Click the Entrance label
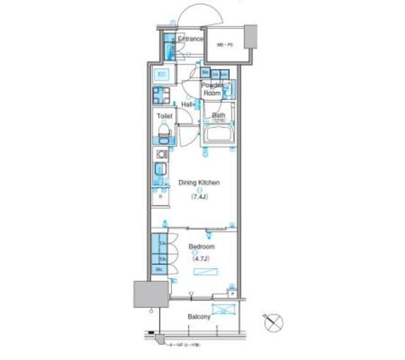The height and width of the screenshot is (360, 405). pyautogui.click(x=190, y=39)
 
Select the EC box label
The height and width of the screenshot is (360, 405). pyautogui.click(x=161, y=75)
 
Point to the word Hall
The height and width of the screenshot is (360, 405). pyautogui.click(x=187, y=104)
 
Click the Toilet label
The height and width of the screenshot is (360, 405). pyautogui.click(x=165, y=116)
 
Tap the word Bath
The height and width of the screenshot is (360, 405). pyautogui.click(x=219, y=115)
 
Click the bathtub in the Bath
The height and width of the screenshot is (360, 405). pyautogui.click(x=219, y=135)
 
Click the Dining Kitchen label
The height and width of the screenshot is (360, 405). pyautogui.click(x=199, y=183)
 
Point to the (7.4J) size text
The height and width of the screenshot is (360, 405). pyautogui.click(x=199, y=197)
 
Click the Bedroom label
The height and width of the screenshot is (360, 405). pyautogui.click(x=202, y=246)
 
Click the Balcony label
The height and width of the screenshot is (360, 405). pyautogui.click(x=199, y=316)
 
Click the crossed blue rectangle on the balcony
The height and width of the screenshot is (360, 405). pyautogui.click(x=223, y=309)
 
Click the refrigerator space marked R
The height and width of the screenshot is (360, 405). pyautogui.click(x=161, y=197)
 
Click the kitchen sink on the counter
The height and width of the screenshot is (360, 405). pyautogui.click(x=161, y=170)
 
